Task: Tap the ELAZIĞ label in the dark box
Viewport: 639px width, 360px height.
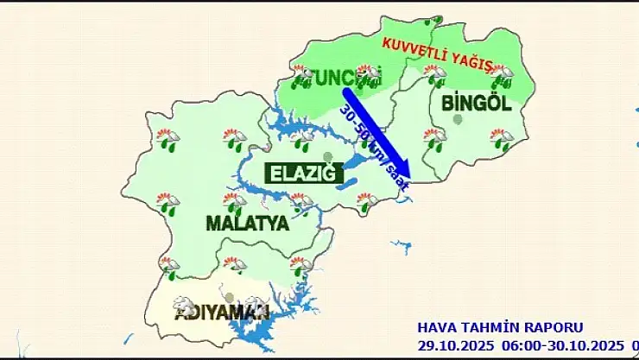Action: click(x=301, y=174)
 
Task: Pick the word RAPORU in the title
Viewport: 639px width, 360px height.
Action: click(x=554, y=328)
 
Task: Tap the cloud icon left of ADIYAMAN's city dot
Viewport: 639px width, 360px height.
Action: click(x=184, y=305)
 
